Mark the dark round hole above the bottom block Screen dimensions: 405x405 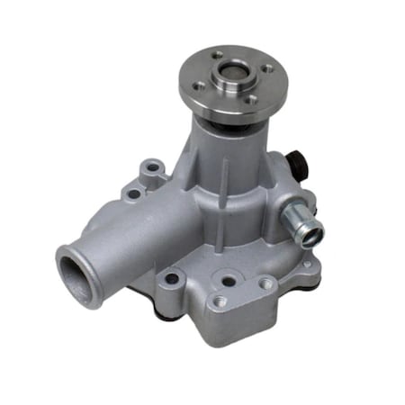tap(229, 280)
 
